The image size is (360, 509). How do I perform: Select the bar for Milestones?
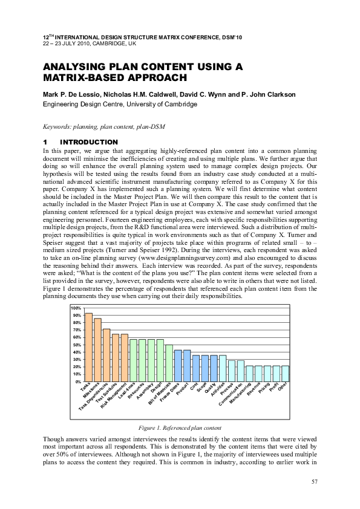pos(97,349)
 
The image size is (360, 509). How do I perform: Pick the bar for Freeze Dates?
pos(178,366)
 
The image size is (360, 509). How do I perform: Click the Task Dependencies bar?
pos(106,355)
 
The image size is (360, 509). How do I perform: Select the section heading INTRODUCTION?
pos(101,142)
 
